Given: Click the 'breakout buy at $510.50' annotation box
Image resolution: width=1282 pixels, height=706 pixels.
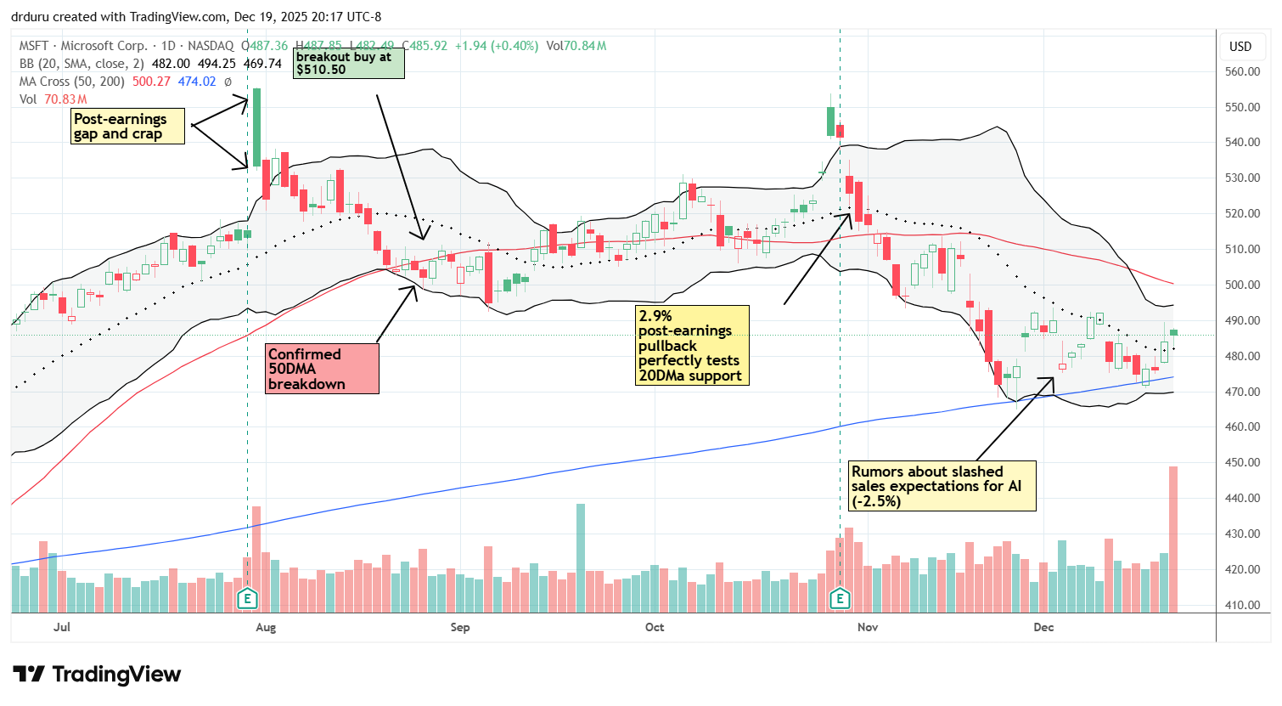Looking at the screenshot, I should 348,63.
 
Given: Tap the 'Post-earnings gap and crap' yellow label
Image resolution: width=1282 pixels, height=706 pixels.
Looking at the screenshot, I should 127,127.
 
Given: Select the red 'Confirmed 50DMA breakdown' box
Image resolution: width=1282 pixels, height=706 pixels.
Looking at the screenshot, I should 323,369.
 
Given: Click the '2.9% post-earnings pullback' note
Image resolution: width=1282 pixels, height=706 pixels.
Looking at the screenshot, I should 691,346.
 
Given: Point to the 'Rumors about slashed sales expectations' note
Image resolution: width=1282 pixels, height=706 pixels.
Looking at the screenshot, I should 942,486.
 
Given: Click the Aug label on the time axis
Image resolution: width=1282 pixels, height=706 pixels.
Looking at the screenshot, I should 266,628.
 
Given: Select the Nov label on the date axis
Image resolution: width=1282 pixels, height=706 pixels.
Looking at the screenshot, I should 867,628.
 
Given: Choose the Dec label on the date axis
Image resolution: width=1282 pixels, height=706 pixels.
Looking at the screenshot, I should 1043,628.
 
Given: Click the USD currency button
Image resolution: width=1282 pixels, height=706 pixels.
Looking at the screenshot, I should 1240,47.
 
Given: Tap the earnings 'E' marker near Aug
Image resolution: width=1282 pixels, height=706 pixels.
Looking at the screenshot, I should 247,599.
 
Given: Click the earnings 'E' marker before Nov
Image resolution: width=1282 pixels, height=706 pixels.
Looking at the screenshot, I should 840,599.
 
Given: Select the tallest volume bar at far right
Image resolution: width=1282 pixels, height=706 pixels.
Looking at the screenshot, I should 1173,539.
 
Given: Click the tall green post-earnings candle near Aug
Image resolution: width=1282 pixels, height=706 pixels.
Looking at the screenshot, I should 256,127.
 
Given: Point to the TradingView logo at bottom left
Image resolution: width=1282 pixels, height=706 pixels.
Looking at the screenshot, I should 98,675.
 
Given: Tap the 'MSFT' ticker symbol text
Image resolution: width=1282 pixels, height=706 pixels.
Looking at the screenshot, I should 36,46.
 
